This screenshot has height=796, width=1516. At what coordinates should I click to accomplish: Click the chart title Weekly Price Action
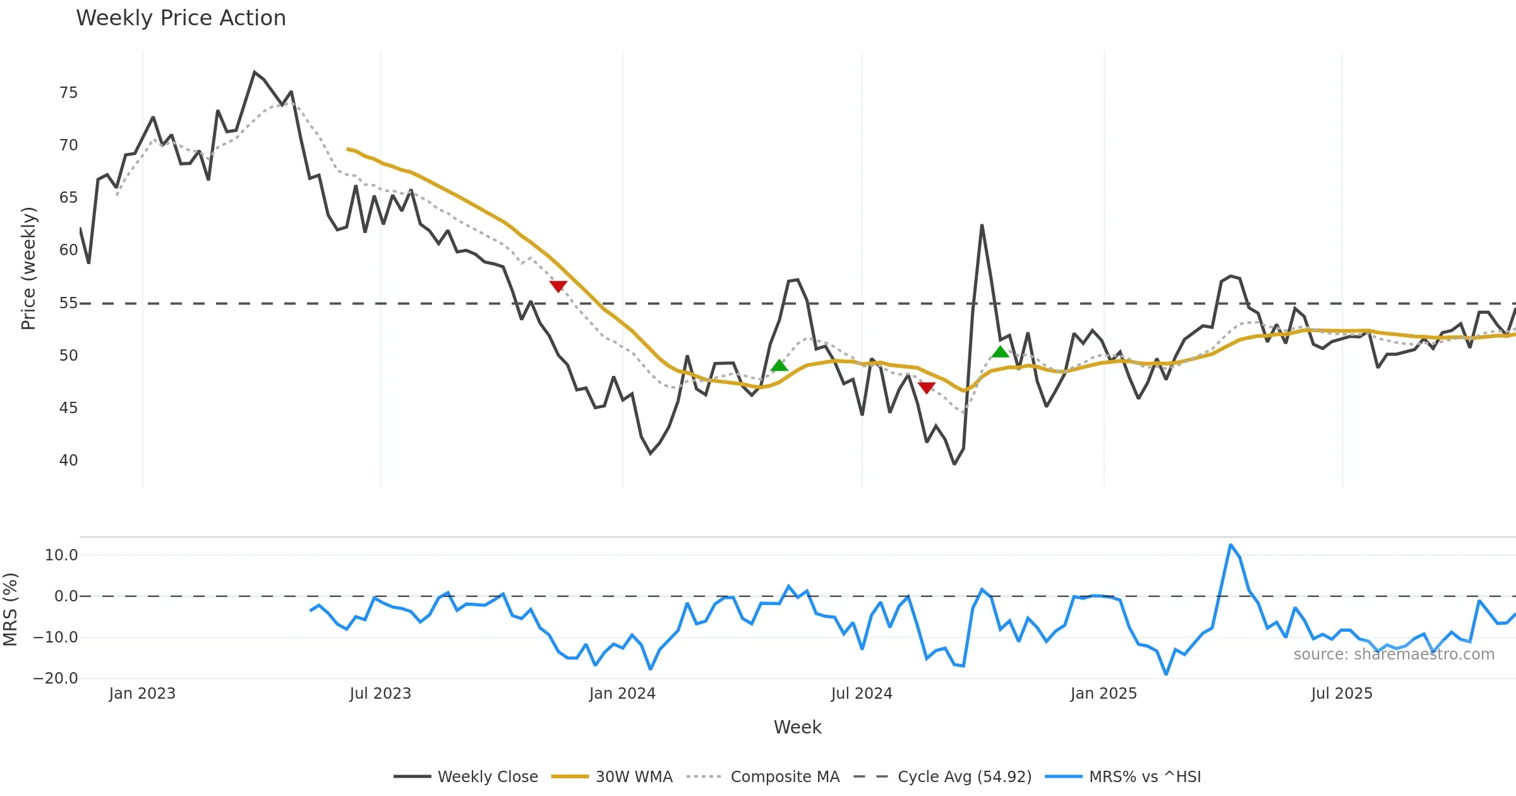tap(181, 18)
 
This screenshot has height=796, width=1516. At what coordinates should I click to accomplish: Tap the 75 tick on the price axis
tap(68, 93)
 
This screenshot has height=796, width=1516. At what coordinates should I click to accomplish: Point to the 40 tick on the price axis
tap(68, 461)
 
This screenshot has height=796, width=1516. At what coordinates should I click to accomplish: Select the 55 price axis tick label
tap(68, 303)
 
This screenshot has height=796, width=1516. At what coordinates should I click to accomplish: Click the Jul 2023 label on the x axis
tap(380, 694)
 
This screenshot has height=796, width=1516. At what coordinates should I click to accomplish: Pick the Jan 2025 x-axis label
tap(1104, 694)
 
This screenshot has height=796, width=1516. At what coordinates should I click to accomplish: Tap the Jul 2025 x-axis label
tap(1342, 694)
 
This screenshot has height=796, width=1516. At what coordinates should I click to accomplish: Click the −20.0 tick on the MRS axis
tap(56, 678)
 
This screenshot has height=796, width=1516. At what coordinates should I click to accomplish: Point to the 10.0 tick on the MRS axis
tap(61, 555)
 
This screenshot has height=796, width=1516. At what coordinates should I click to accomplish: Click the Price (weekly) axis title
tap(28, 268)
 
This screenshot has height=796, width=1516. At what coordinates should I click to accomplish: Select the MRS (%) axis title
tap(10, 610)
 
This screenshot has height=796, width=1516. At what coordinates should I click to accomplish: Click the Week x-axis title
tap(797, 728)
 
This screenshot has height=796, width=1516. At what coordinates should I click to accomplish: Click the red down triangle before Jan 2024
tap(558, 286)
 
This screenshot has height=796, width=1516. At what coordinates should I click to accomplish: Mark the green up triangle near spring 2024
tap(779, 365)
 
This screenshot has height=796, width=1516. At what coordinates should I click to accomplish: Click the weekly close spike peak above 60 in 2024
tap(982, 226)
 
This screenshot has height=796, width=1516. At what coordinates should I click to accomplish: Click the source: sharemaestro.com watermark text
tap(1393, 654)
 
